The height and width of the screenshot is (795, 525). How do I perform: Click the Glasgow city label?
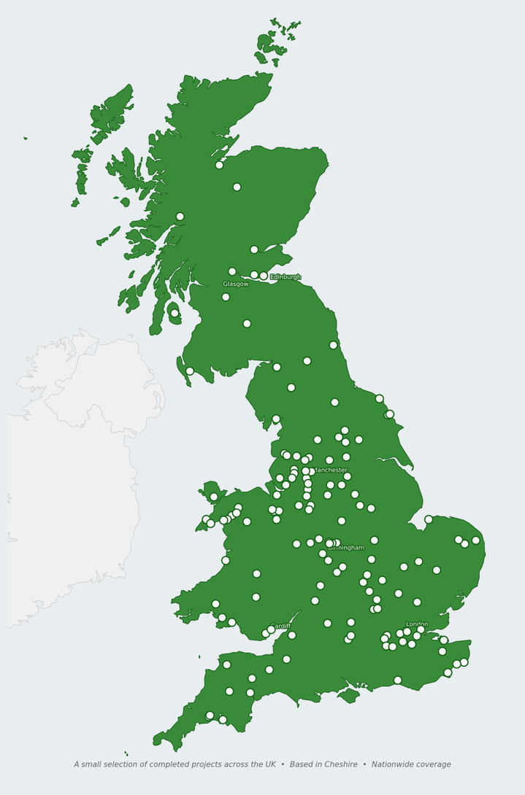tap(236, 284)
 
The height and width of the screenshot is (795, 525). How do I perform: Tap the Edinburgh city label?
tap(286, 277)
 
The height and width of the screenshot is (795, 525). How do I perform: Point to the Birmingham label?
tap(346, 548)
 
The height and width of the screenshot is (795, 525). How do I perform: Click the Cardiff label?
tap(281, 626)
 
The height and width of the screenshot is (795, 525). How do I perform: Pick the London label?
tap(417, 624)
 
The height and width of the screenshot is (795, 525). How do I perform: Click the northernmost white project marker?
tap(219, 165)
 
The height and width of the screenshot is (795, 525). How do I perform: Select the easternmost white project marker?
tap(476, 540)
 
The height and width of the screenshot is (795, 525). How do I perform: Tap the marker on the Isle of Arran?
tap(175, 313)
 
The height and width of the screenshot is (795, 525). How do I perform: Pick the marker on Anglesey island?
tap(214, 497)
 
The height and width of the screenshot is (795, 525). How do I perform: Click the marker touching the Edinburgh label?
tap(264, 276)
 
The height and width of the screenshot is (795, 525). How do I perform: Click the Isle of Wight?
tap(349, 696)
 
